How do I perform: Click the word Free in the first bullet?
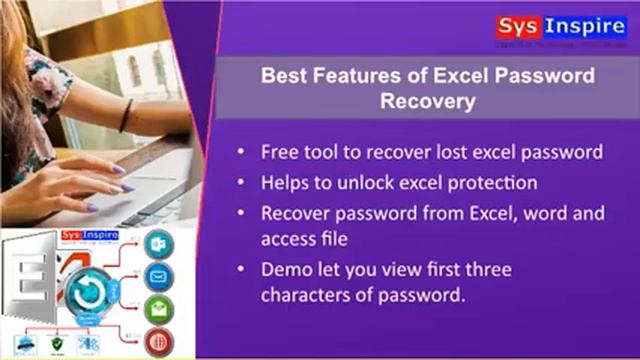coord(279,152)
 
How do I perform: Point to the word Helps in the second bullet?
coord(284,183)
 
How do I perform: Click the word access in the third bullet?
coord(286,238)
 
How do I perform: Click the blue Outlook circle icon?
coord(158,245)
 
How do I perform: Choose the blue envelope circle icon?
coord(158,276)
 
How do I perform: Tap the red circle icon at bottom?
coord(158,339)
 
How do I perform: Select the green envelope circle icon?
coord(158,308)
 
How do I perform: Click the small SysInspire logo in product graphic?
coord(91,236)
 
